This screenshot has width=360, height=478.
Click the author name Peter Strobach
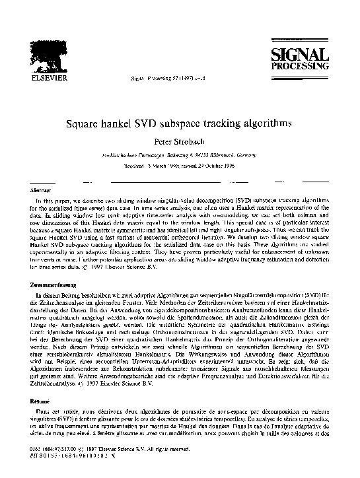179,141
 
